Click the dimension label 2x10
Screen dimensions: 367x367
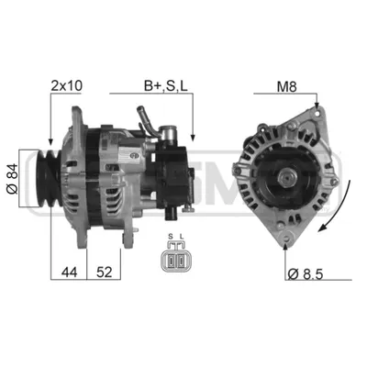tap(66, 86)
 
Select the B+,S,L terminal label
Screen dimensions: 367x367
tap(166, 86)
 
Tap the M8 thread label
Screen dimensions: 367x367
tap(286, 87)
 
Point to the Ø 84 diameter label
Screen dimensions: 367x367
tap(12, 179)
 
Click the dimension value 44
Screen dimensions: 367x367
tap(70, 272)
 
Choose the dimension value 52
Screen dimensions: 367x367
tap(105, 272)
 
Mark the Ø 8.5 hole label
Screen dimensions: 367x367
tap(306, 274)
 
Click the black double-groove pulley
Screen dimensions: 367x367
tap(49, 178)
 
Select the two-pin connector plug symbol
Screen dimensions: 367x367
tap(173, 257)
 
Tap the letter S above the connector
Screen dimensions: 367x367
tap(171, 237)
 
